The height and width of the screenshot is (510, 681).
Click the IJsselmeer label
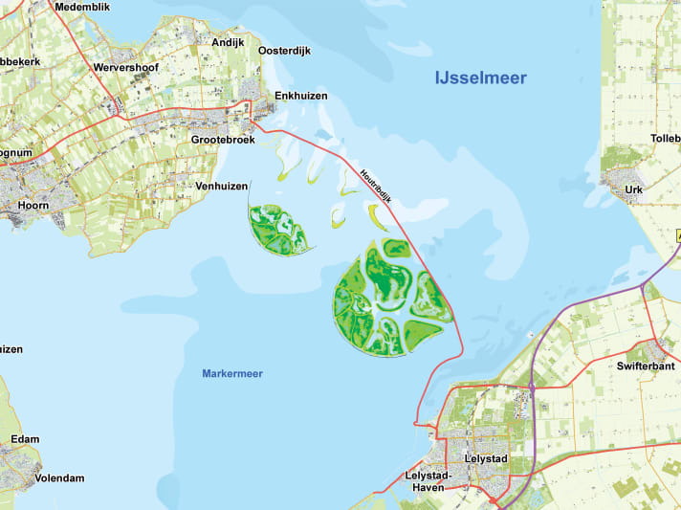(480, 78)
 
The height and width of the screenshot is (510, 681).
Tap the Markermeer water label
(232, 373)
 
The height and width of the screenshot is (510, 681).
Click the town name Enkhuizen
(300, 96)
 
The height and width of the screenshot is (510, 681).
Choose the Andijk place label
(228, 43)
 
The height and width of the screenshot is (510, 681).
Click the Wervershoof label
(132, 69)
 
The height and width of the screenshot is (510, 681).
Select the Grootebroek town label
(224, 140)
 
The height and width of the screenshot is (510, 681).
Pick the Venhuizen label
(221, 186)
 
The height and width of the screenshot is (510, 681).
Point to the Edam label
(25, 439)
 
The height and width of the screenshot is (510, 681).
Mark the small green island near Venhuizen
(277, 232)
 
